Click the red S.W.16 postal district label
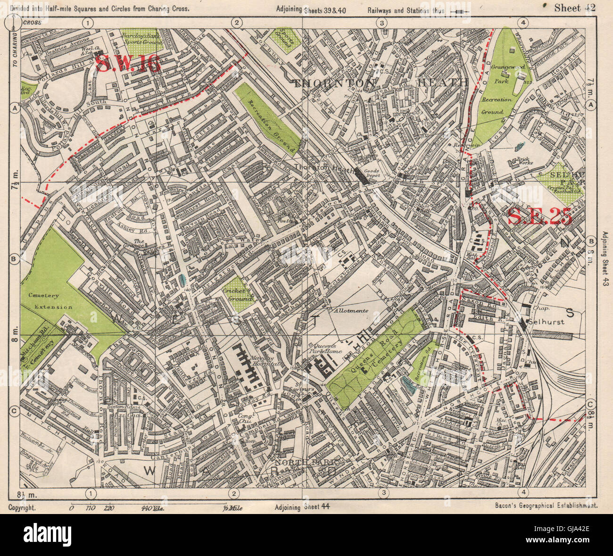pyautogui.click(x=128, y=64)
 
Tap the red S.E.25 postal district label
pyautogui.click(x=540, y=216)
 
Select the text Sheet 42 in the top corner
pyautogui.click(x=575, y=7)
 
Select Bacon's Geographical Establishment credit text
pyautogui.click(x=547, y=505)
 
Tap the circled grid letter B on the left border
pyautogui.click(x=14, y=258)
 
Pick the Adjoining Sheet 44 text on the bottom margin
pyautogui.click(x=301, y=507)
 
